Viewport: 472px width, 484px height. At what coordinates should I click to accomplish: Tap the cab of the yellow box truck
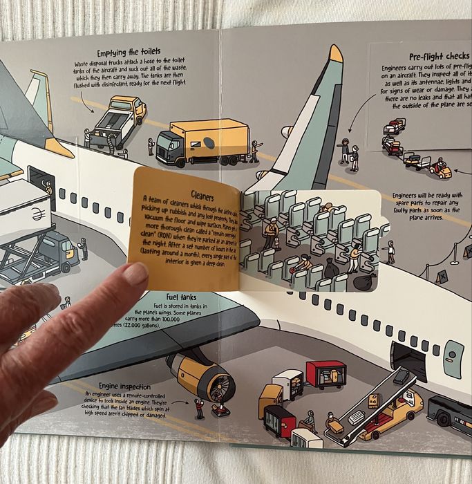170,146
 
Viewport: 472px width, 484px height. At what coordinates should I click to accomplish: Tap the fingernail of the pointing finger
135,274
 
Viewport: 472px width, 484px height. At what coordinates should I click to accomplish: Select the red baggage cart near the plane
325,374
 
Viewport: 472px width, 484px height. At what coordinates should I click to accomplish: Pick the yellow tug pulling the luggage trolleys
440,167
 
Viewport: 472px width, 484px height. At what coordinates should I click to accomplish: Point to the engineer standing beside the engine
200,409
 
